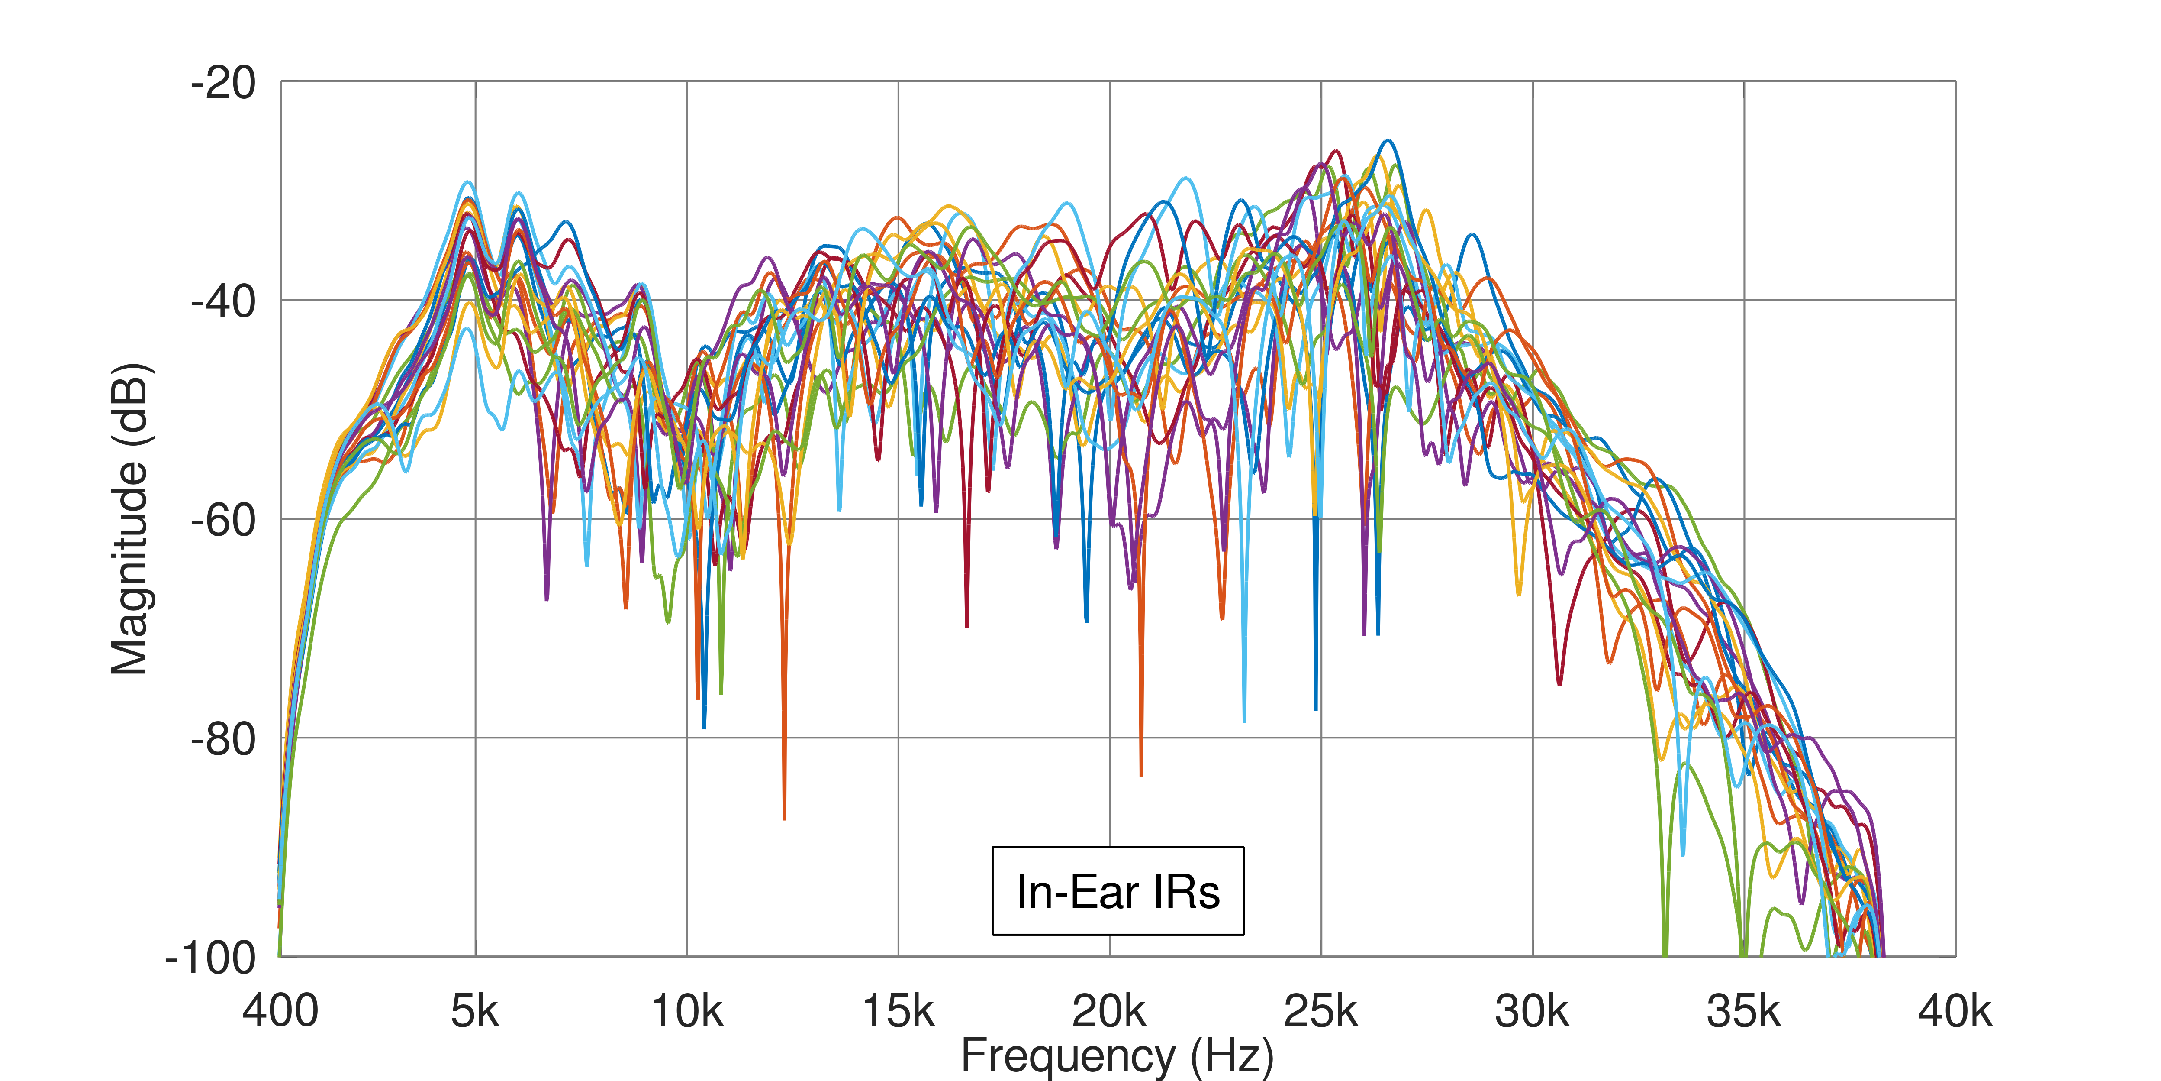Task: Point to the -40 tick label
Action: click(x=222, y=301)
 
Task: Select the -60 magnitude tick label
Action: click(x=222, y=520)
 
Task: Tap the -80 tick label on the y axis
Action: click(x=222, y=739)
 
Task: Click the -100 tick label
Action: click(x=210, y=958)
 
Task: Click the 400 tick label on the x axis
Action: click(x=280, y=1011)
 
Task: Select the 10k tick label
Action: click(x=686, y=1011)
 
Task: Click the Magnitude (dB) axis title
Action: click(x=130, y=519)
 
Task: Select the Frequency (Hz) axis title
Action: click(x=1118, y=1056)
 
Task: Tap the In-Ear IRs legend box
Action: click(x=1118, y=890)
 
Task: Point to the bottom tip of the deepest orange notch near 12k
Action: click(x=784, y=818)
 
